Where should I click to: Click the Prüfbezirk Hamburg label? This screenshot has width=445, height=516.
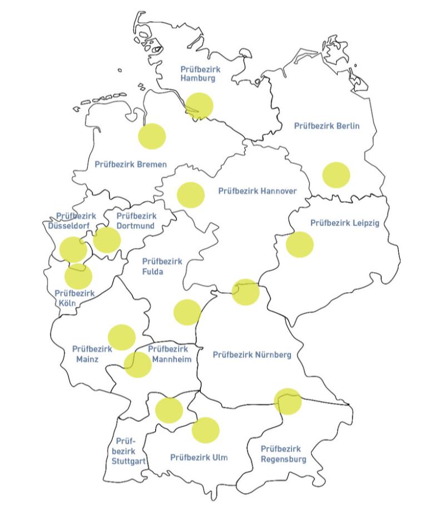(198, 73)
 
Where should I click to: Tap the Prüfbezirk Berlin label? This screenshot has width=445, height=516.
(327, 126)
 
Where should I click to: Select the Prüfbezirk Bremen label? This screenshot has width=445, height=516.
(131, 164)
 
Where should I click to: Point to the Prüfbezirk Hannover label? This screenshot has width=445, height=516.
(257, 191)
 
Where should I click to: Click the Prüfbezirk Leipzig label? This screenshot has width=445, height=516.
(344, 223)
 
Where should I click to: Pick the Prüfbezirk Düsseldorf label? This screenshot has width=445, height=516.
(72, 221)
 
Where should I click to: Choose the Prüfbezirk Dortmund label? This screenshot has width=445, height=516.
(136, 221)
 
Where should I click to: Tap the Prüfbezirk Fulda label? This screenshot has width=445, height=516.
(162, 266)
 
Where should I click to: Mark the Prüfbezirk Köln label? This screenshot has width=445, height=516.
(75, 298)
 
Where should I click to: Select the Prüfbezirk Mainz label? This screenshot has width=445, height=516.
(92, 354)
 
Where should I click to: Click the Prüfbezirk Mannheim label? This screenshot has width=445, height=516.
(169, 354)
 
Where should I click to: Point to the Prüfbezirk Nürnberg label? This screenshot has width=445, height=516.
(252, 354)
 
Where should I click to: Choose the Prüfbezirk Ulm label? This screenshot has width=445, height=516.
(199, 457)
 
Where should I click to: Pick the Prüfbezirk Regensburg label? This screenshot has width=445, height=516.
(283, 454)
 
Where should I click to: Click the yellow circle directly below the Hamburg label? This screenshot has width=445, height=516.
(199, 106)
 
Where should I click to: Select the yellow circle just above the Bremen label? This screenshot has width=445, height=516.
(152, 137)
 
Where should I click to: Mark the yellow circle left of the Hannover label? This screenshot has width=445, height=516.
(191, 195)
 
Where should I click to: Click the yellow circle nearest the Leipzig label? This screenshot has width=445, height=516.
(300, 244)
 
